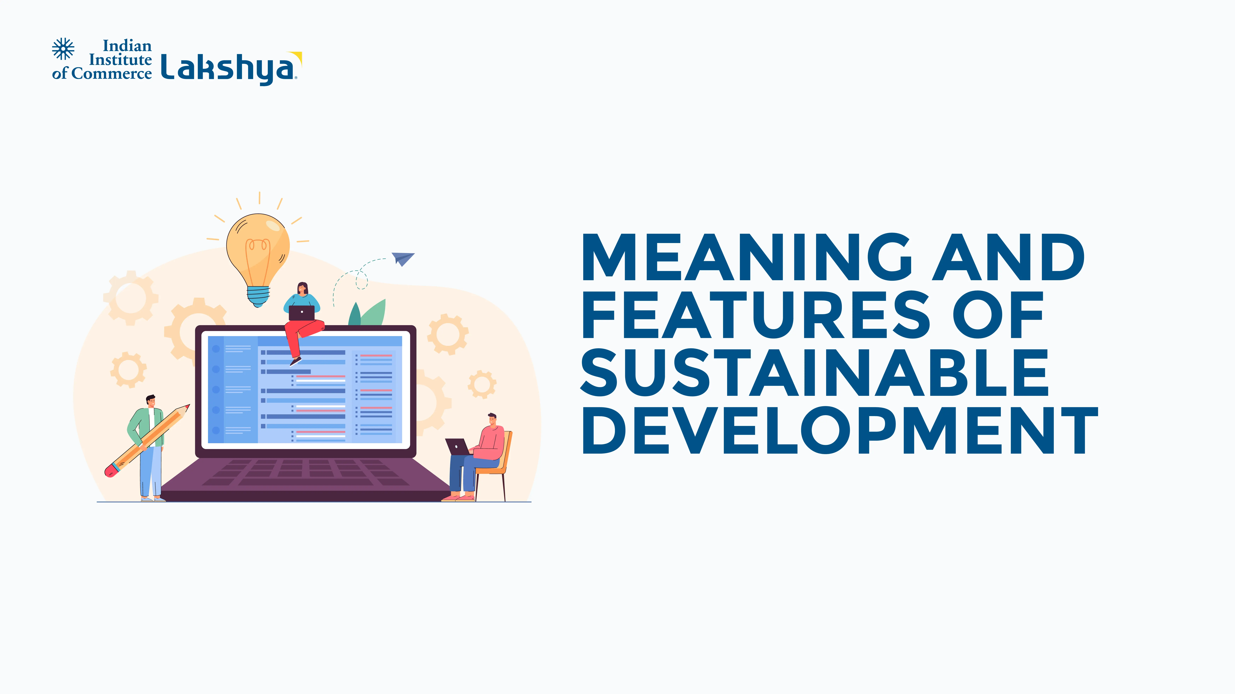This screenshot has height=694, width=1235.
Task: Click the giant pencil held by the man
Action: (147, 441)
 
